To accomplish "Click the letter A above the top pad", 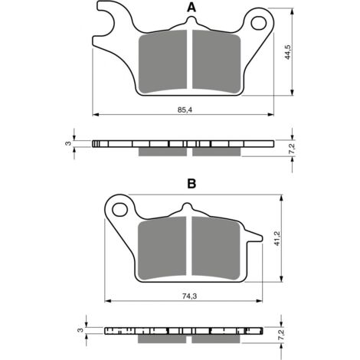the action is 191,8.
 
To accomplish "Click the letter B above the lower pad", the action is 191,183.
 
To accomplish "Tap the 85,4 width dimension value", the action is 185,110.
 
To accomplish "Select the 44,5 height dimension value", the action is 288,52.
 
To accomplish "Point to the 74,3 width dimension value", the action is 189,296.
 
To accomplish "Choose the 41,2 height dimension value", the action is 277,238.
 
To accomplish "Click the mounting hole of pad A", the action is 259,23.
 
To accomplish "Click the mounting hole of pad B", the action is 120,210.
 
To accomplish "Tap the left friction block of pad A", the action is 162,62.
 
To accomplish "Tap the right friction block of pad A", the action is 217,62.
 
